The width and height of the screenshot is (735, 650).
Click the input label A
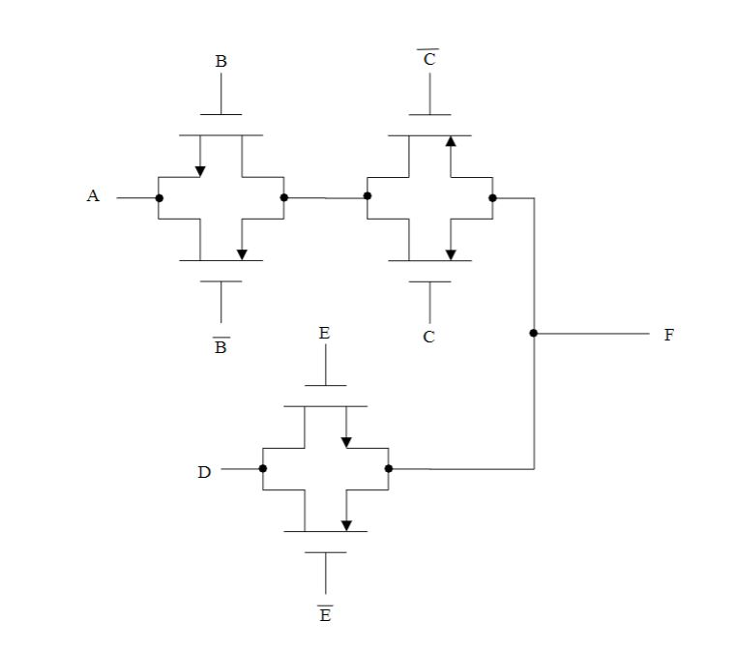click(x=93, y=196)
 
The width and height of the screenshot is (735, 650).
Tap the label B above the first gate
click(x=220, y=62)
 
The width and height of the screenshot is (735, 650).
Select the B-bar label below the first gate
click(x=220, y=346)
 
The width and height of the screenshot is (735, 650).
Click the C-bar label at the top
click(x=429, y=59)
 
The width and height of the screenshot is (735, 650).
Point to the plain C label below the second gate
click(x=429, y=338)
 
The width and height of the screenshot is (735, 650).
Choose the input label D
click(x=204, y=473)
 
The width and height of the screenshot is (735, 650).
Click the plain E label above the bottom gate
click(x=324, y=334)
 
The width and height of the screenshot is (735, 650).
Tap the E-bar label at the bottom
click(x=325, y=615)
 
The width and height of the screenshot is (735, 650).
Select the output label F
click(x=668, y=335)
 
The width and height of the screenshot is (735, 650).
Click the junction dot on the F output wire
click(x=534, y=334)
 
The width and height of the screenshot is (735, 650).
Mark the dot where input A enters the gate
click(x=159, y=198)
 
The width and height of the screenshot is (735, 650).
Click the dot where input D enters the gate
click(x=263, y=469)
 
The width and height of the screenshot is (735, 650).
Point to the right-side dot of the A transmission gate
click(x=284, y=198)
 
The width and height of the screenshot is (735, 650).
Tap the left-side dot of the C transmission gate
click(x=367, y=196)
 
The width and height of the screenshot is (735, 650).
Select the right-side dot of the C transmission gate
click(x=492, y=198)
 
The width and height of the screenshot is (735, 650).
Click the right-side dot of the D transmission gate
click(x=389, y=469)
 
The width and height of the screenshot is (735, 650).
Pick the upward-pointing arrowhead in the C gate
click(x=451, y=141)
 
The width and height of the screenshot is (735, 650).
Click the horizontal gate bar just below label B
click(x=220, y=115)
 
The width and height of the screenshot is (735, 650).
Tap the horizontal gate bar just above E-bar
click(x=325, y=552)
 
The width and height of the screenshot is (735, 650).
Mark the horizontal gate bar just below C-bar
click(x=429, y=115)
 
